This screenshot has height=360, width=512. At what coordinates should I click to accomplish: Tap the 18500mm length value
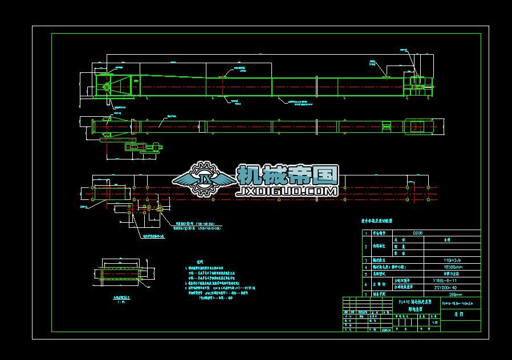pyautogui.click(x=452, y=267)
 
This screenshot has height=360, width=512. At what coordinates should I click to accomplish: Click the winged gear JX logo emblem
pyautogui.click(x=204, y=179)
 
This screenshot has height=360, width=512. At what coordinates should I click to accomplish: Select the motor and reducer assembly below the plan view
pyautogui.click(x=143, y=148)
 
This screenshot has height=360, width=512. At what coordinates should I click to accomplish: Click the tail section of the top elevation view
pyautogui.click(x=416, y=85)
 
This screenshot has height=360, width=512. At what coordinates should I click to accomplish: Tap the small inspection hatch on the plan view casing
pyautogui.click(x=387, y=126)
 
